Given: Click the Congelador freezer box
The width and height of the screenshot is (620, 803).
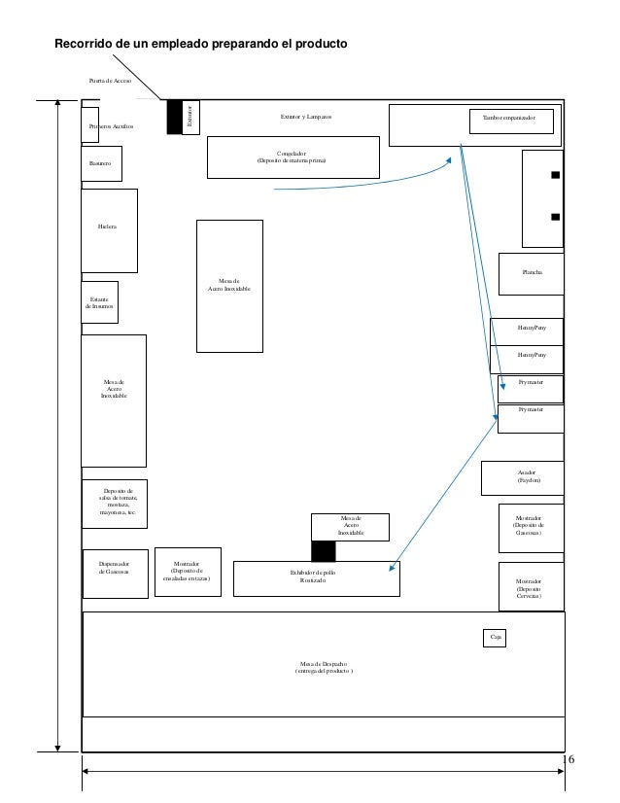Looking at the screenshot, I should coord(292,157).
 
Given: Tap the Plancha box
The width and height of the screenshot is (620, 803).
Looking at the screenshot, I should coord(531,272).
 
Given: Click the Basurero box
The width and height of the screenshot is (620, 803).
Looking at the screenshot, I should coord(101,163).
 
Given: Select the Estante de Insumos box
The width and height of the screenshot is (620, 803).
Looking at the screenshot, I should coord(100,302).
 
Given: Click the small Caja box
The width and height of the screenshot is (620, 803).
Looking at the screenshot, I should coord(495,638).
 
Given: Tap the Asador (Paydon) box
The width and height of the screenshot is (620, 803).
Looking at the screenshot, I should coord(523,476).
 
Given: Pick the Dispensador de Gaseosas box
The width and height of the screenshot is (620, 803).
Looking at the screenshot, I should coord(114,567).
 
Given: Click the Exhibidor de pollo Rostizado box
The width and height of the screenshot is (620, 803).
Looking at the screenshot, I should coord(316,576).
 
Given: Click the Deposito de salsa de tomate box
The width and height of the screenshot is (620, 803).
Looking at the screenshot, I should coord(114,504).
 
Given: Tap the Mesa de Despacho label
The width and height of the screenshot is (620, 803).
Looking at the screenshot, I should coord(325,667).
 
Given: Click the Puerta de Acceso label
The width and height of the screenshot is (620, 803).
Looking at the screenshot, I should coord(110,81).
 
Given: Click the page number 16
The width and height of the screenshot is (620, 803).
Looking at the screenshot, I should coord(569,758).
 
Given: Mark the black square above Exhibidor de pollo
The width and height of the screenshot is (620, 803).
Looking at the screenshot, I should coord(324,551).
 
